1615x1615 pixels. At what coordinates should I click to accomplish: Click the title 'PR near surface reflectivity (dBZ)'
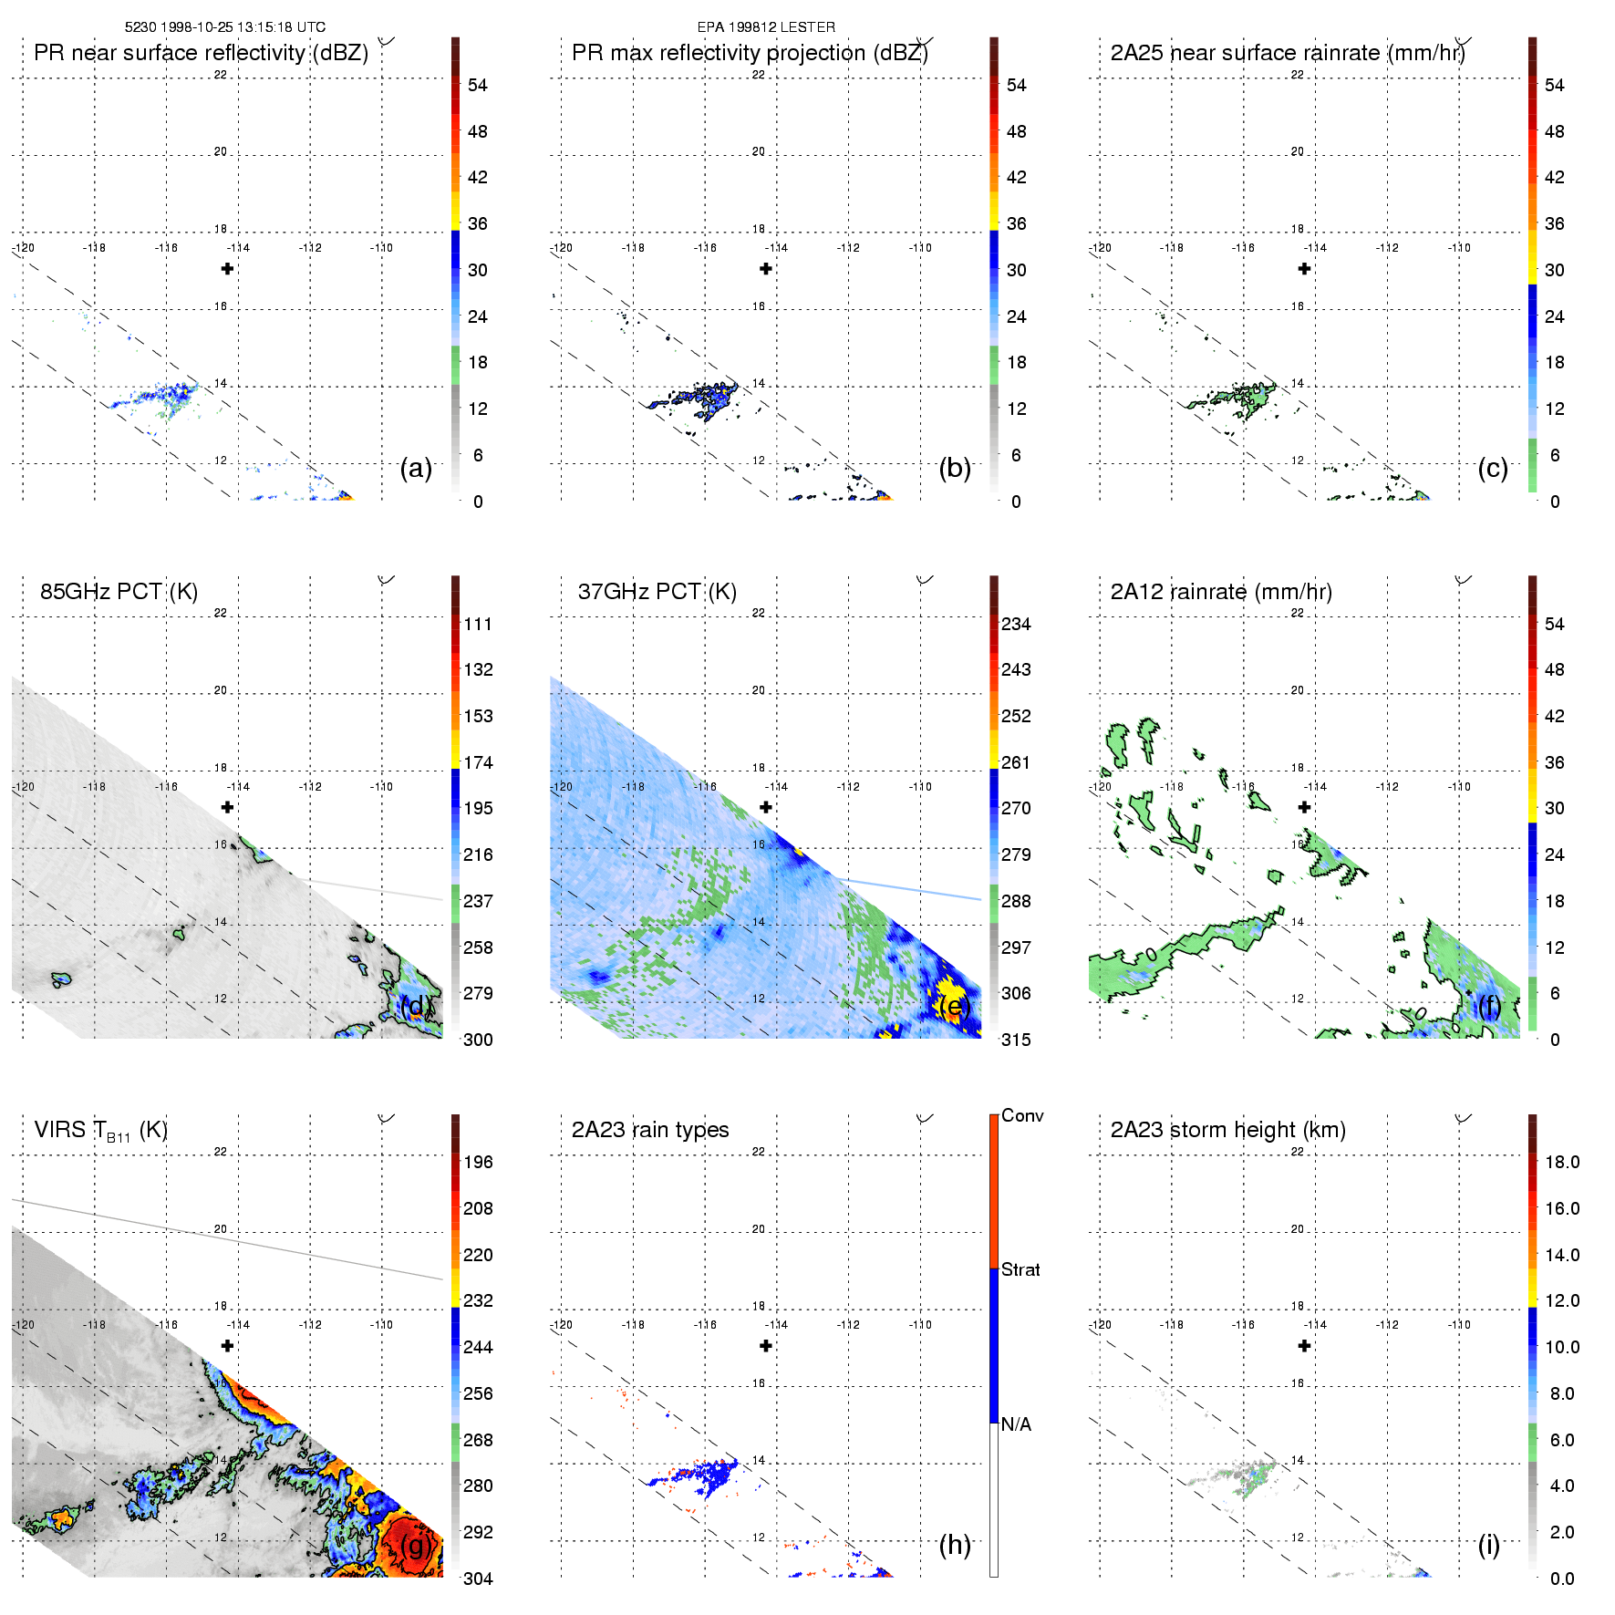point(201,53)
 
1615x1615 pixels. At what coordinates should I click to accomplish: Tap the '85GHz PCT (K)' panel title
point(119,592)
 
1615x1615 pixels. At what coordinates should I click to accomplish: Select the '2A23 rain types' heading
point(650,1130)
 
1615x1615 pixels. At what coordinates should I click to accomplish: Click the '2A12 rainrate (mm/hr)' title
point(1221,592)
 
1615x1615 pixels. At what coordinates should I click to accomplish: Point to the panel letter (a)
point(416,469)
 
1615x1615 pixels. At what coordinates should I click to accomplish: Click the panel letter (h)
point(955,1545)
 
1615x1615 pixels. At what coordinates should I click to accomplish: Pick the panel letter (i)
point(1488,1545)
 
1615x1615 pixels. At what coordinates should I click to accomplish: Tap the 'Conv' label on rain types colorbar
point(1022,1115)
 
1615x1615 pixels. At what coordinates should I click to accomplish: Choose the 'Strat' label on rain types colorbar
point(1020,1269)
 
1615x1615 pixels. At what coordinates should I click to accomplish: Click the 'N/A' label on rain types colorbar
point(1016,1424)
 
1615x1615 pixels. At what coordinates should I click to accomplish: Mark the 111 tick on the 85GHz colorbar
point(478,624)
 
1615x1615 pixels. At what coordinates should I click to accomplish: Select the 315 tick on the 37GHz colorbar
point(1016,1040)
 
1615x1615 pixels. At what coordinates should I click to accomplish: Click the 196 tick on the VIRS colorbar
point(478,1162)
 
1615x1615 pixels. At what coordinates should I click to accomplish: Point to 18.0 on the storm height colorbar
point(1561,1162)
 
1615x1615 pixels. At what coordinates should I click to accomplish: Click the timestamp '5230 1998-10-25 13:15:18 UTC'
point(225,27)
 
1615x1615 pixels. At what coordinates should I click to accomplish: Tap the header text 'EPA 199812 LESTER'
point(766,27)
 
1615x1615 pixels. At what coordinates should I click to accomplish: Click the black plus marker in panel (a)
point(227,268)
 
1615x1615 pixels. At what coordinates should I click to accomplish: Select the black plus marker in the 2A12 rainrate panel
point(1304,807)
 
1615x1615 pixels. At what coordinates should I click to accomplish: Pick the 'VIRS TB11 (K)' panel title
point(100,1131)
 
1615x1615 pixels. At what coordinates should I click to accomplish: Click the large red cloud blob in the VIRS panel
point(410,1546)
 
